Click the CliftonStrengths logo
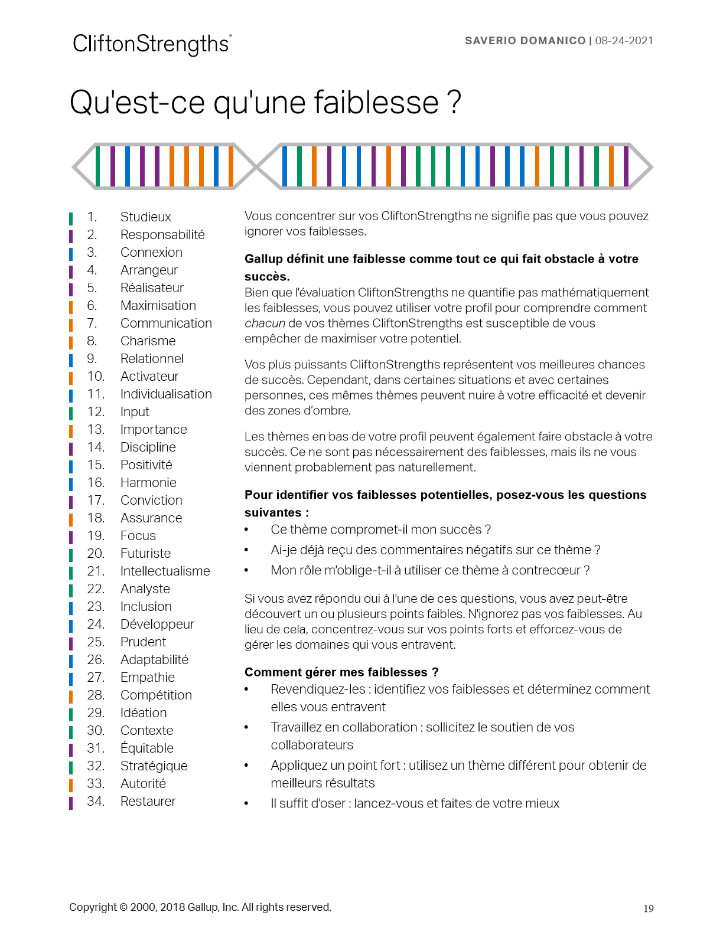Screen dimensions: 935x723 [152, 44]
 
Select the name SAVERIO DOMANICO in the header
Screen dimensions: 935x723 [525, 41]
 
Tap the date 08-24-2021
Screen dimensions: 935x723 [624, 41]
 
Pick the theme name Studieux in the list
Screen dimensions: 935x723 [145, 217]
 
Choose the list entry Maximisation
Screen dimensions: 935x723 [158, 306]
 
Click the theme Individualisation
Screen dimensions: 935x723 [166, 394]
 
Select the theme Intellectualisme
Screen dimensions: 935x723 [165, 571]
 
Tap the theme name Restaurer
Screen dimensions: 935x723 [148, 802]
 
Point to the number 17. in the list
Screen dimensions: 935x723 [96, 501]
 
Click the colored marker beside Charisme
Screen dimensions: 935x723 [71, 342]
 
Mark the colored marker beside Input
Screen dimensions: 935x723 [71, 413]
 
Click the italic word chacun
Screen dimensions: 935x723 [265, 323]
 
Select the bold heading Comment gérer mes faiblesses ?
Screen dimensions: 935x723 [341, 672]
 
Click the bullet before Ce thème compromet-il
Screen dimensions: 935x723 [247, 530]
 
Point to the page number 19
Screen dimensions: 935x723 [648, 908]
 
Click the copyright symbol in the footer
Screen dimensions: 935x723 [123, 907]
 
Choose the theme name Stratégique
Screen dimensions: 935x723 [154, 766]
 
